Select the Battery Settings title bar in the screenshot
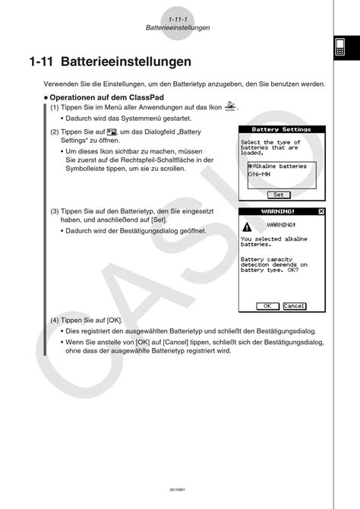tap(281, 129)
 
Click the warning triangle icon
tap(246, 226)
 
